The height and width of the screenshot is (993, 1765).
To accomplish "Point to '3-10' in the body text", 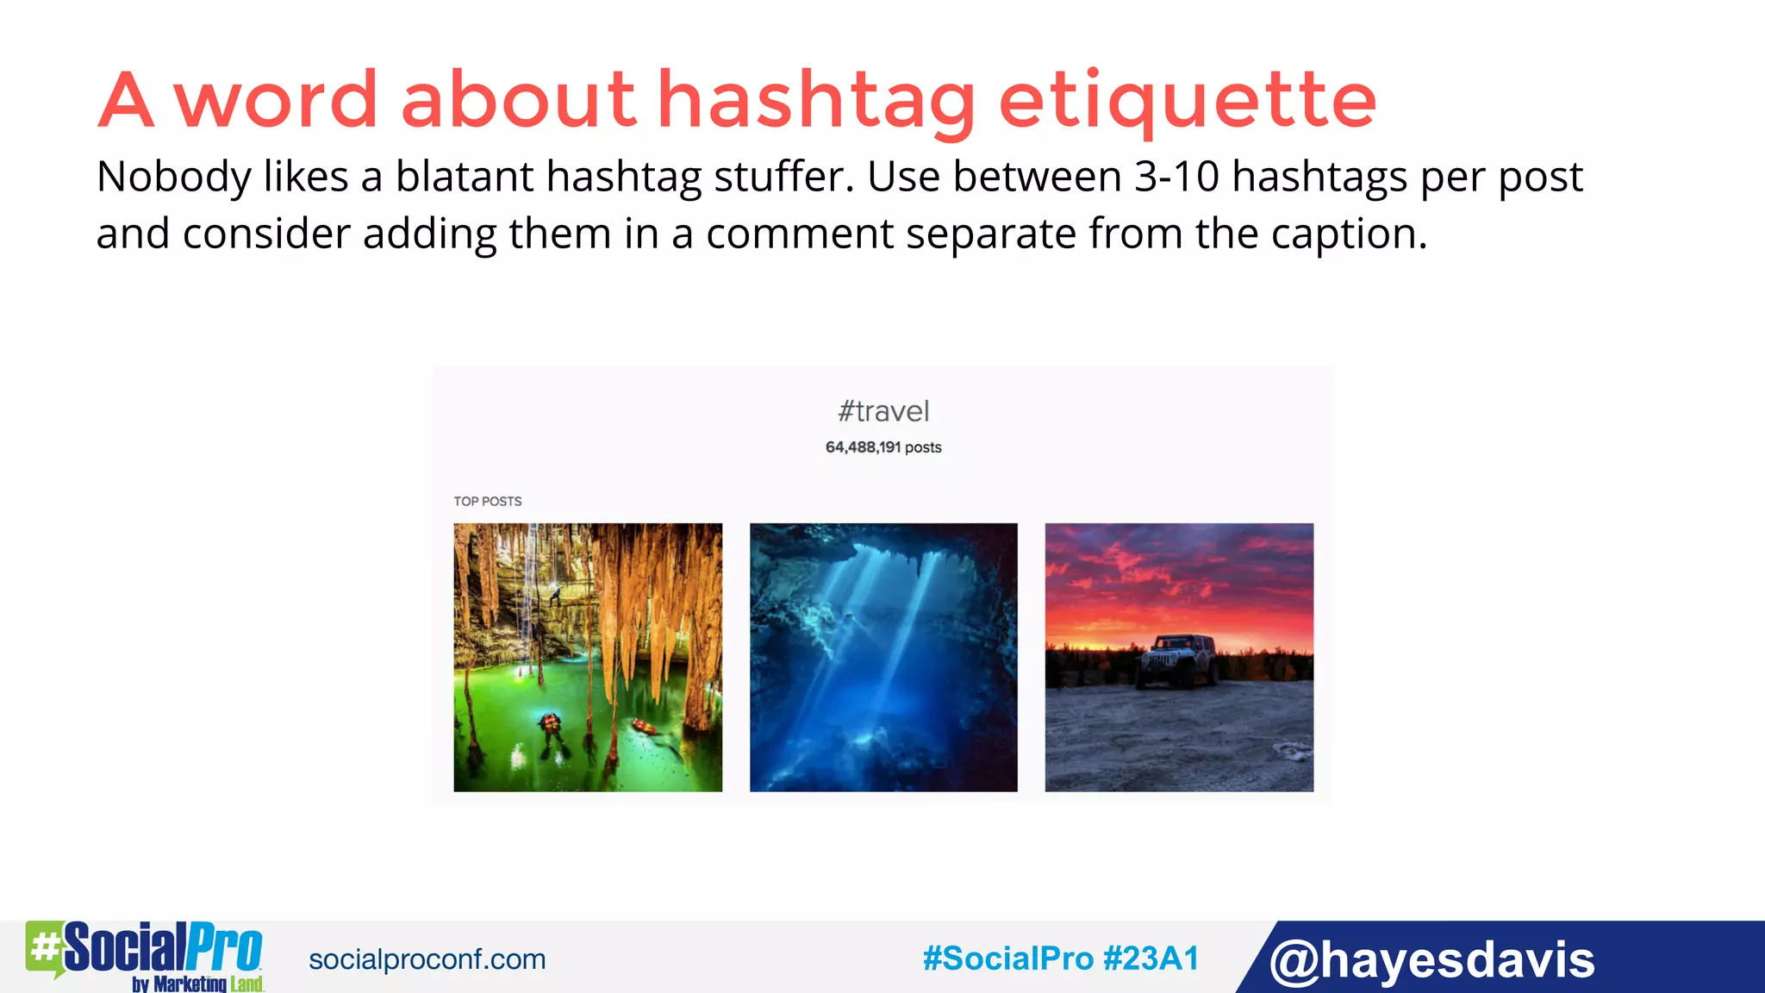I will click(1176, 177).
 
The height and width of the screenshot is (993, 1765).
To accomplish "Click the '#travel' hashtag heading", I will click(883, 411).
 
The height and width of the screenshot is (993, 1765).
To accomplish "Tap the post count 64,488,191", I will click(863, 447).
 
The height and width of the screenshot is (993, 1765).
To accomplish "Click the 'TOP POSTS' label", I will click(488, 501).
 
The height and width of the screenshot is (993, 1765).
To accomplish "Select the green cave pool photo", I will click(588, 657).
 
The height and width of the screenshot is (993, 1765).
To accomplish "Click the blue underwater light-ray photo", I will click(883, 657).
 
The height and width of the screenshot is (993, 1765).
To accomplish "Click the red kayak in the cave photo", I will click(644, 727).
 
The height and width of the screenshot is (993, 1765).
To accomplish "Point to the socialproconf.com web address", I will click(427, 959).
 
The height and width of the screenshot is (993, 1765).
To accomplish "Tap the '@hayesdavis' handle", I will click(1431, 959).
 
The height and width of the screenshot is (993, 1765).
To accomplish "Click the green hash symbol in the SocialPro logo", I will click(44, 947).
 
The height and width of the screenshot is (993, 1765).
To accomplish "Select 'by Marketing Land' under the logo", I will click(197, 984).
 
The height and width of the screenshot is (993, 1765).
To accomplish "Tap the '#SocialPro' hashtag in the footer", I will click(1007, 959).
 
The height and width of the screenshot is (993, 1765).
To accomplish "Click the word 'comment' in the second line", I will click(799, 234).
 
